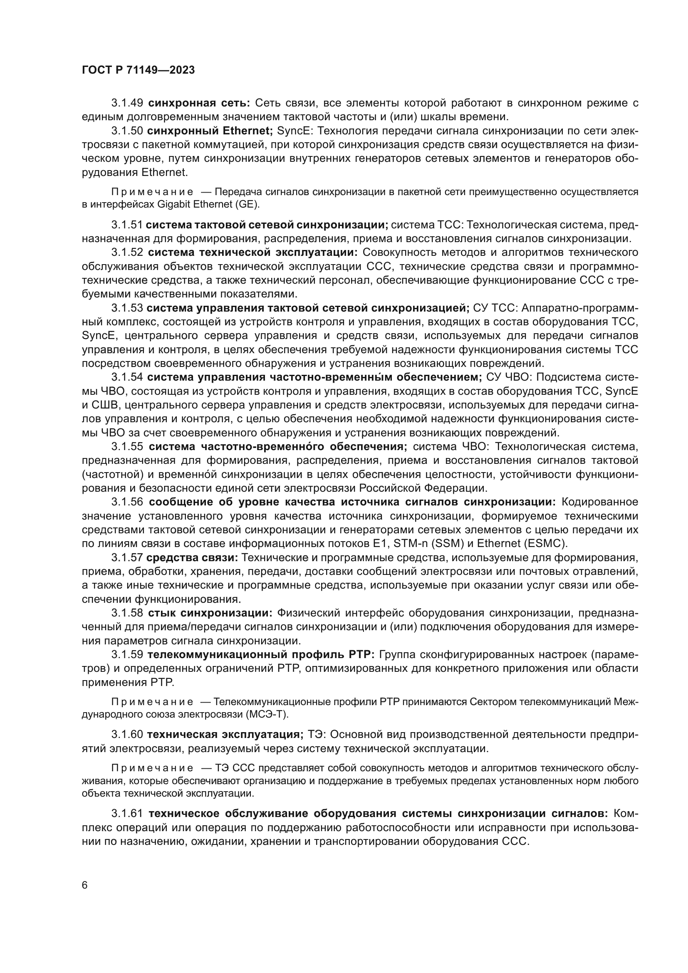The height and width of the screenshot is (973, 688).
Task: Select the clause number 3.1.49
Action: coord(127,103)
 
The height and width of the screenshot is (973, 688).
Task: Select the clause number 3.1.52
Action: coord(127,253)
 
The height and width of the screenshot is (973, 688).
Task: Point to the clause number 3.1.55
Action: coord(127,447)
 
